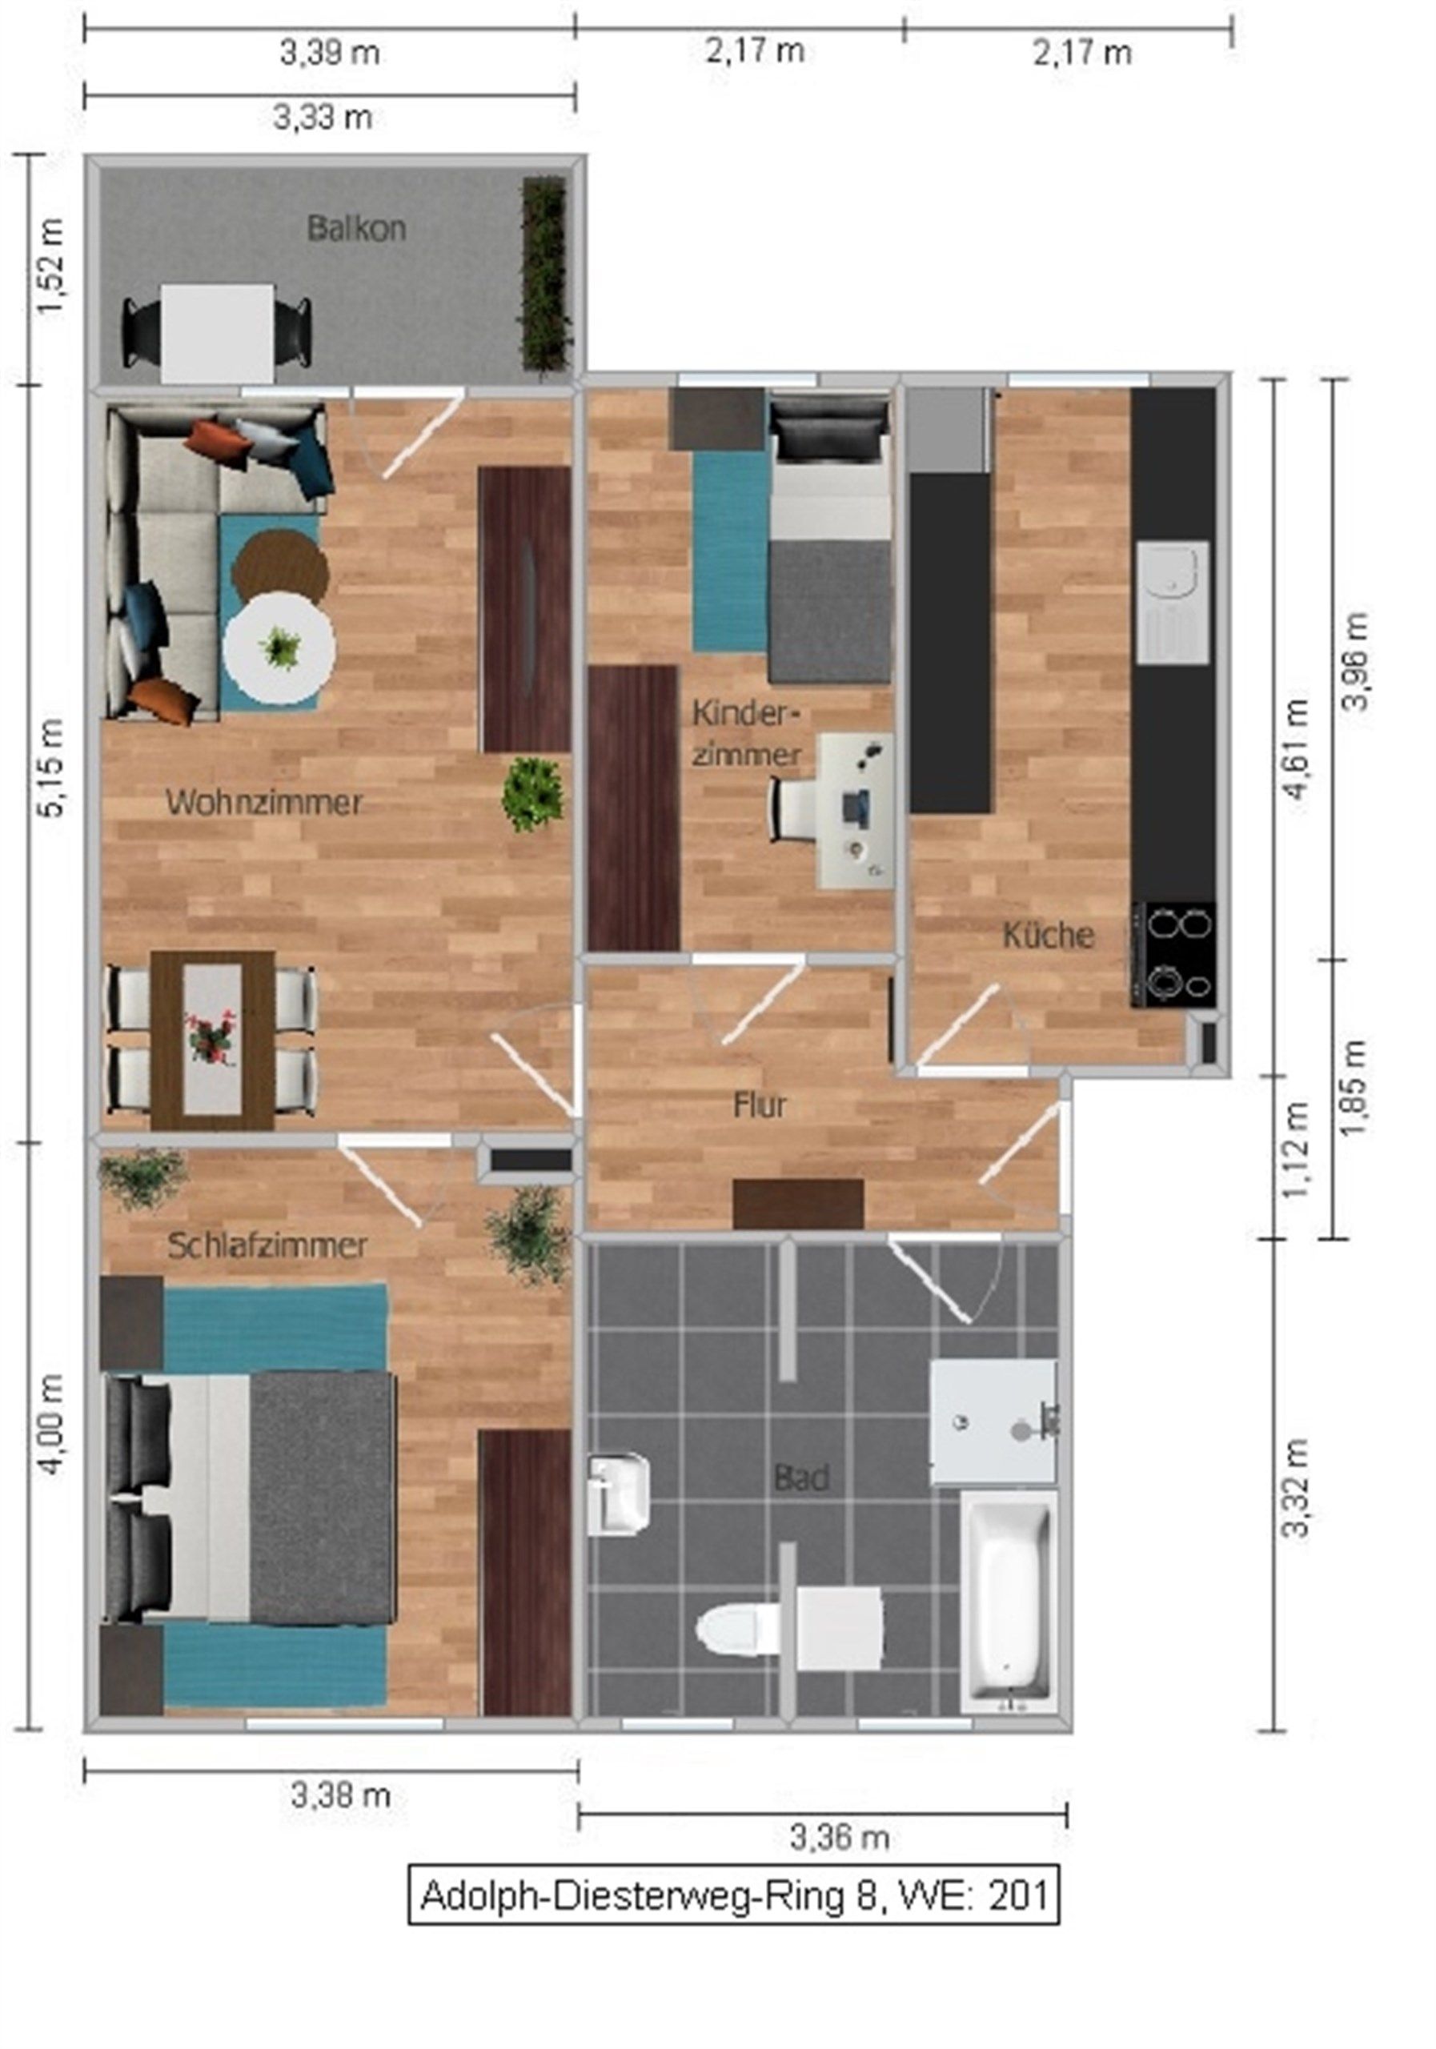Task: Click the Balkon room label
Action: coord(356,228)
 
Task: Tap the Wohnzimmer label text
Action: coord(264,801)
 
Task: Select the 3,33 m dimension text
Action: coord(323,117)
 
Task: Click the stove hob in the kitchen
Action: coord(1173,954)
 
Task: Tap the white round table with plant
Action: coord(279,649)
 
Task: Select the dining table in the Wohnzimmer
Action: coord(212,1041)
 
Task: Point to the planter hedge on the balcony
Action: coord(544,273)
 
